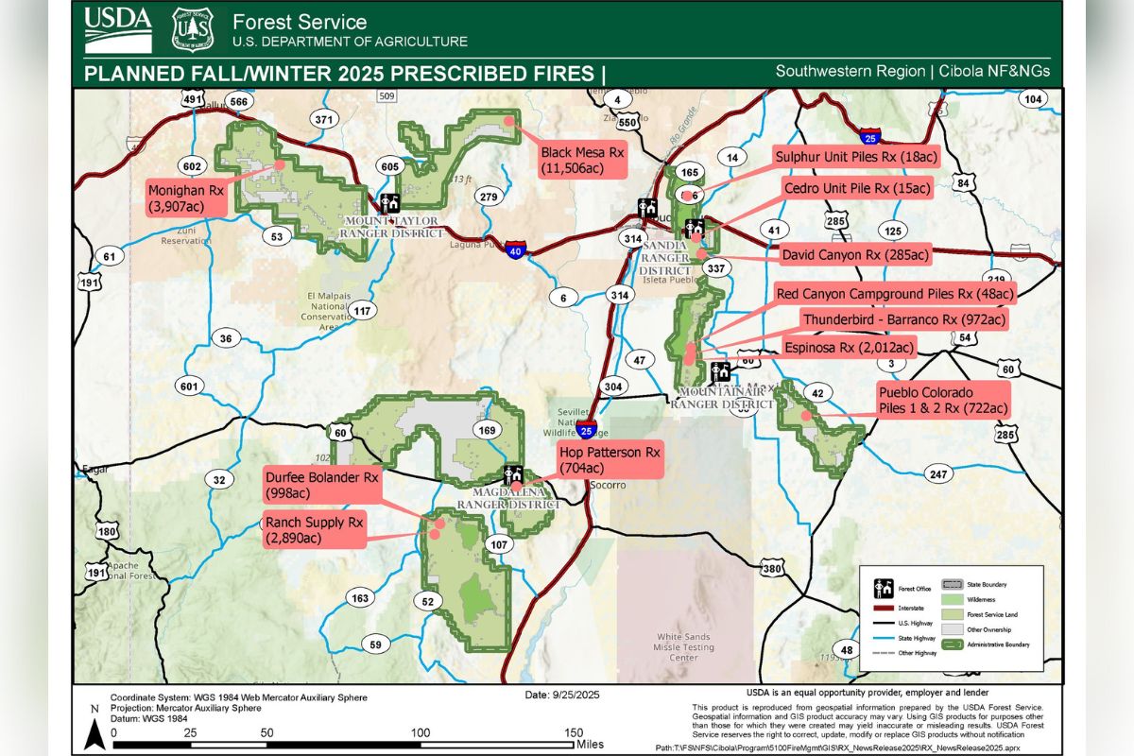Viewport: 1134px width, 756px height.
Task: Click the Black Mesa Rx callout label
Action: pos(583,160)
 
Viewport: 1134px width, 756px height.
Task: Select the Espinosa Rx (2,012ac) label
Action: pos(849,348)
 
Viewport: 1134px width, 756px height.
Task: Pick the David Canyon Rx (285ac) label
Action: pos(855,254)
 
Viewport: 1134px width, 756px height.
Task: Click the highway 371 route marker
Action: pos(324,119)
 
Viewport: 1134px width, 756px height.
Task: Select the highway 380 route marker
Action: pos(772,568)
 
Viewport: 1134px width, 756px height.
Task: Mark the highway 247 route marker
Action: pos(938,474)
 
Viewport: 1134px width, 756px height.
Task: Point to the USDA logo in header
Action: pos(117,29)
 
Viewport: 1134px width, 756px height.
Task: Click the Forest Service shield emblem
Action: pos(192,29)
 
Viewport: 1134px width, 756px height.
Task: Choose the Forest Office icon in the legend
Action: pos(885,588)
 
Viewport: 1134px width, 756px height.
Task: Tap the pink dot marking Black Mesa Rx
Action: pos(508,120)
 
